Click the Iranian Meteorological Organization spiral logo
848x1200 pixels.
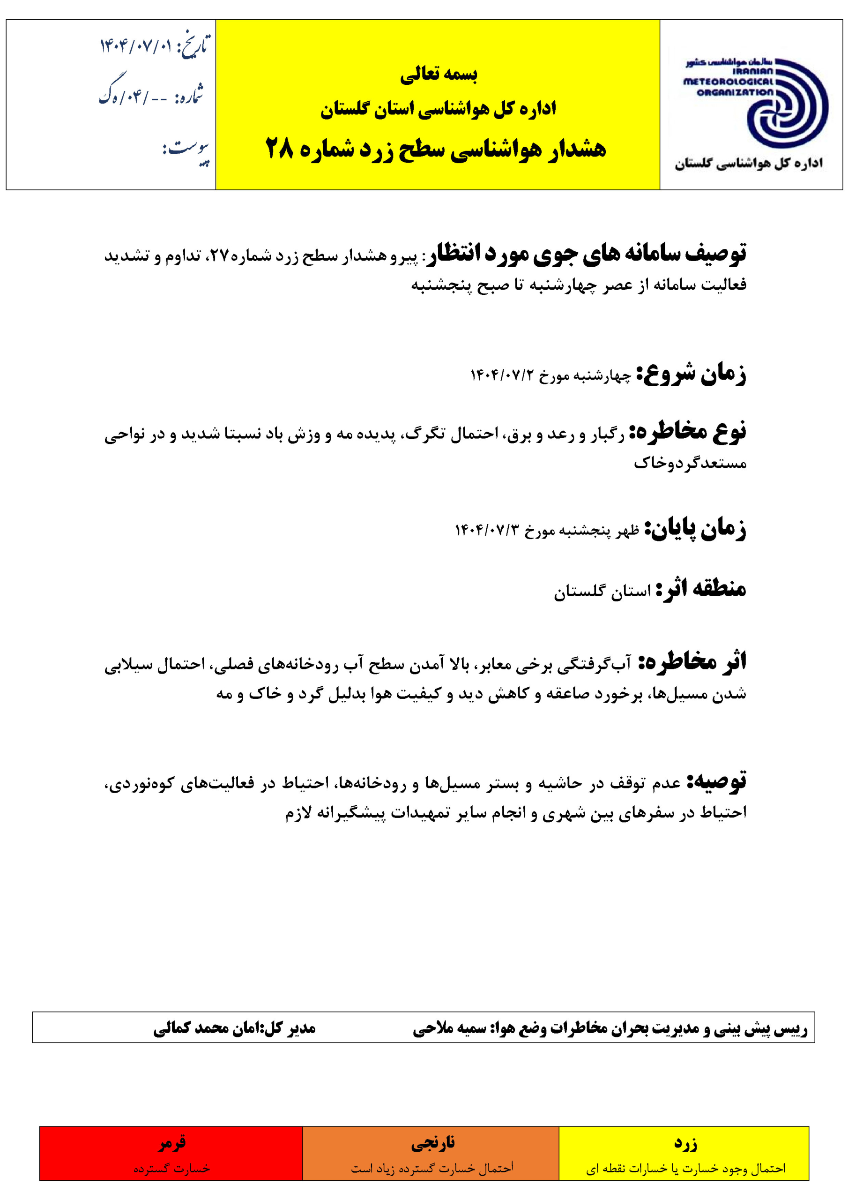(786, 105)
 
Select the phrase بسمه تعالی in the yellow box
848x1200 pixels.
(439, 74)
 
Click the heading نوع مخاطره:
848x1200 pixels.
(688, 432)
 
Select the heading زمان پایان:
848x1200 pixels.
(695, 529)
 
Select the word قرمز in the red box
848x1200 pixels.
(172, 1143)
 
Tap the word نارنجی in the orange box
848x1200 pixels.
(432, 1143)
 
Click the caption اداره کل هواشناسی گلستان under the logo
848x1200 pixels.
(749, 164)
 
